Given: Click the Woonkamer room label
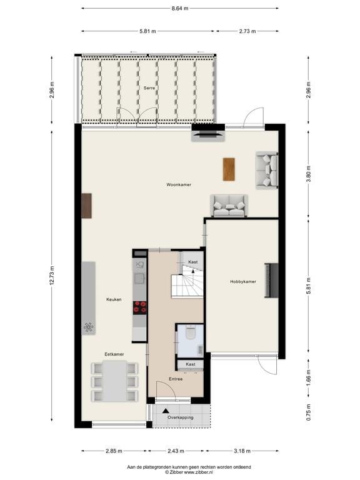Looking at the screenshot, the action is tap(179, 184).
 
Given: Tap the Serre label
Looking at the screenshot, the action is tap(149, 88).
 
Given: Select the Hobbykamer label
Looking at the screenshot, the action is tap(243, 282).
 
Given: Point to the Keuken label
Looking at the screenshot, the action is tap(114, 299).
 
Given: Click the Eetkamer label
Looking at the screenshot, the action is tap(114, 354).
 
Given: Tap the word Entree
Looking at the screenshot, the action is tap(176, 379).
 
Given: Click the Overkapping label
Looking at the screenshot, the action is tap(180, 417).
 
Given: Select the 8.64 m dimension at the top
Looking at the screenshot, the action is tap(180, 9).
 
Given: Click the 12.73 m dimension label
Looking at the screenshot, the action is tap(51, 276).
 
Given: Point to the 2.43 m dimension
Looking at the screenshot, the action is tap(176, 451).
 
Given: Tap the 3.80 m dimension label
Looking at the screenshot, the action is tap(308, 174).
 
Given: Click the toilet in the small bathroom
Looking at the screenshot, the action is tap(191, 332).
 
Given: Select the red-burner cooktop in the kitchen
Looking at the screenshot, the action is tap(140, 308).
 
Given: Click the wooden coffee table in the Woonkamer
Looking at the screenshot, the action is tap(229, 169).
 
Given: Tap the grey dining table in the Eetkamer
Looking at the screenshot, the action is tap(114, 381).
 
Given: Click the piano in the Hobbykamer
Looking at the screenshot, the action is tap(271, 280).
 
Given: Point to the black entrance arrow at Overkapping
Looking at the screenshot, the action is tap(166, 411).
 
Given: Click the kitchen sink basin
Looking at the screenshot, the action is tap(140, 278).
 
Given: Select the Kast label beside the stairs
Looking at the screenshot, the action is tap(193, 262).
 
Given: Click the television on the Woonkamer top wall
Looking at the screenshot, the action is tap(208, 134).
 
